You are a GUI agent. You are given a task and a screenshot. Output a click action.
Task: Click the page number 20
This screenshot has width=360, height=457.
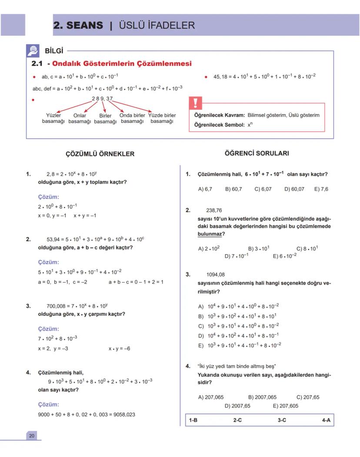coord(32,436)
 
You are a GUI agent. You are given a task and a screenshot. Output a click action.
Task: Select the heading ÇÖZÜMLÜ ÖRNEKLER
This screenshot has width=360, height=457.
coord(100,154)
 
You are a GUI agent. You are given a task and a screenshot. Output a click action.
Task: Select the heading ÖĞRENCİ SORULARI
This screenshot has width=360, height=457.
coord(257,153)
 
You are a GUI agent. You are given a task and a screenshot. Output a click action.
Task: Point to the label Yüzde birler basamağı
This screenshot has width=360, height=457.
coord(162,118)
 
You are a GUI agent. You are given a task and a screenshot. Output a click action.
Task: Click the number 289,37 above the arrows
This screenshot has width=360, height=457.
coord(102,99)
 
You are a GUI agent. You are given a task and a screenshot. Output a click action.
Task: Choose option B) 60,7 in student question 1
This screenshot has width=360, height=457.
coord(233,189)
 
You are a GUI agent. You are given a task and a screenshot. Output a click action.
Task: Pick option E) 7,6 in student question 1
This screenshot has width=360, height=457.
coord(321,189)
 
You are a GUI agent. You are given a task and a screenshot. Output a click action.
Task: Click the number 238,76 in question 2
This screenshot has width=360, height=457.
coord(214,210)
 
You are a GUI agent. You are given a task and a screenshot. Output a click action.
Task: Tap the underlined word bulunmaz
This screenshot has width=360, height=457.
coord(210,234)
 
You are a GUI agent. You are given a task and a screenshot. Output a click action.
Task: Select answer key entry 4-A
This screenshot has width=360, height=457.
coord(326,420)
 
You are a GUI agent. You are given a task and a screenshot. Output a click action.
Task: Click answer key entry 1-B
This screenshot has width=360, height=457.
coord(193,420)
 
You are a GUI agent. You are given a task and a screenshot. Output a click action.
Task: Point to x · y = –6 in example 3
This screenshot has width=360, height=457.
coord(119,348)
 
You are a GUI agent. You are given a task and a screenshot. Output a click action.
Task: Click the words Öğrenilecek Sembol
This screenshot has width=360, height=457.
coord(219,125)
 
